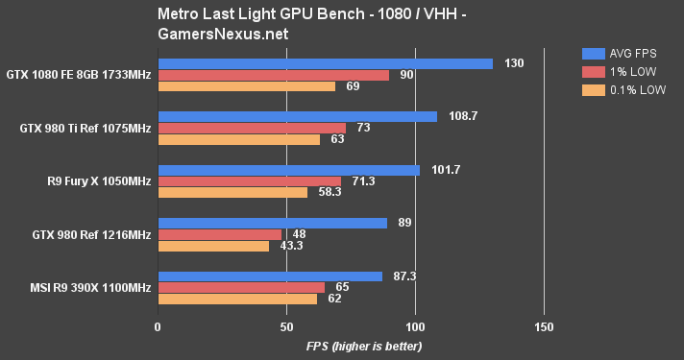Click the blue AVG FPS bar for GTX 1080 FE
pos(325,63)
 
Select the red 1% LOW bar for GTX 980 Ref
pos(219,234)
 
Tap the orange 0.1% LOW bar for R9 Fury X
pos(232,192)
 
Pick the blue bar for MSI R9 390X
pos(270,276)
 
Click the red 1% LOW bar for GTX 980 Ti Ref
pos(252,128)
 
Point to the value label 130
pos(514,63)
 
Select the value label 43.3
pos(290,246)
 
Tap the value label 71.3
pos(366,180)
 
